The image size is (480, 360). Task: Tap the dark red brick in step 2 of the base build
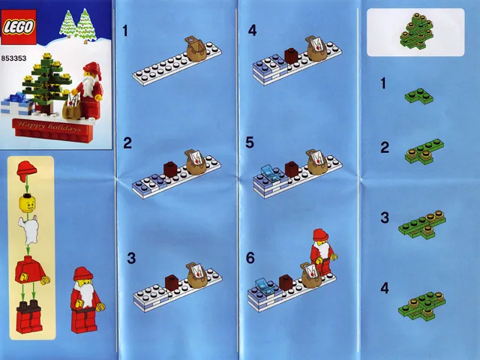[170, 168]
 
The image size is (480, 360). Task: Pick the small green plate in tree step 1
[414, 94]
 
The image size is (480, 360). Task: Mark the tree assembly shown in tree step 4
[418, 303]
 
